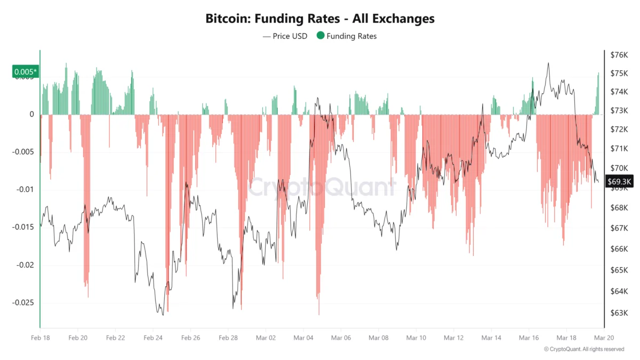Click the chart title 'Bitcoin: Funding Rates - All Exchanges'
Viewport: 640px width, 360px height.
coord(320,19)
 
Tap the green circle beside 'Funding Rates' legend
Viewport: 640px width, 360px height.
coord(320,36)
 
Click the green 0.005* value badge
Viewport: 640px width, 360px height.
coord(25,71)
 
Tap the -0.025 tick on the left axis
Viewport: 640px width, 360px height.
coord(22,302)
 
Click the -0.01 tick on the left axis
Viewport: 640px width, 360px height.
coord(25,190)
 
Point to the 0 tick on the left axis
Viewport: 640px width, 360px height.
coord(31,114)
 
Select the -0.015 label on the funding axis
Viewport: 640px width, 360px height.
coord(22,227)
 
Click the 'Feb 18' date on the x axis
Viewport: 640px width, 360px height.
coord(41,338)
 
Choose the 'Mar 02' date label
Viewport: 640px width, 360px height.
coord(266,338)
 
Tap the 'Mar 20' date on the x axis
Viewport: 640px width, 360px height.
coord(604,338)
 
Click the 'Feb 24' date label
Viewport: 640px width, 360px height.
coord(153,338)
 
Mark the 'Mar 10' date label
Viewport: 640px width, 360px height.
coord(416,338)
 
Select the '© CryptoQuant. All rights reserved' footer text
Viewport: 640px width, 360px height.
coord(583,349)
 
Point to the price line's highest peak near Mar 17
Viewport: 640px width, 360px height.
coord(548,63)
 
